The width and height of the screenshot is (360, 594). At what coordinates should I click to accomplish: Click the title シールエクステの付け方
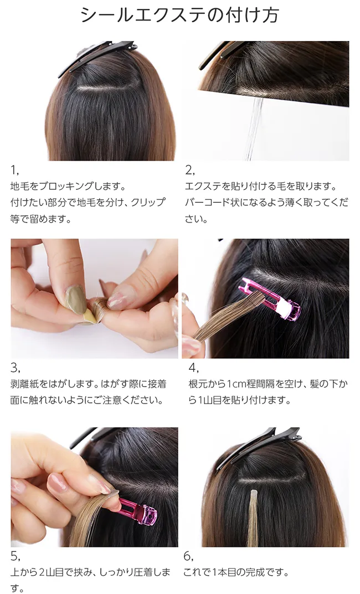pyautogui.click(x=179, y=15)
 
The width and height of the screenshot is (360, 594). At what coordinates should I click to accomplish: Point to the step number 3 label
pyautogui.click(x=15, y=368)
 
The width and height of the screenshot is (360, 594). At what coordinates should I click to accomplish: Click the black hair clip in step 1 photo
pyautogui.click(x=97, y=58)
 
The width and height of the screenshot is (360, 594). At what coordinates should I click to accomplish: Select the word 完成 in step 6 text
pyautogui.click(x=260, y=572)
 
